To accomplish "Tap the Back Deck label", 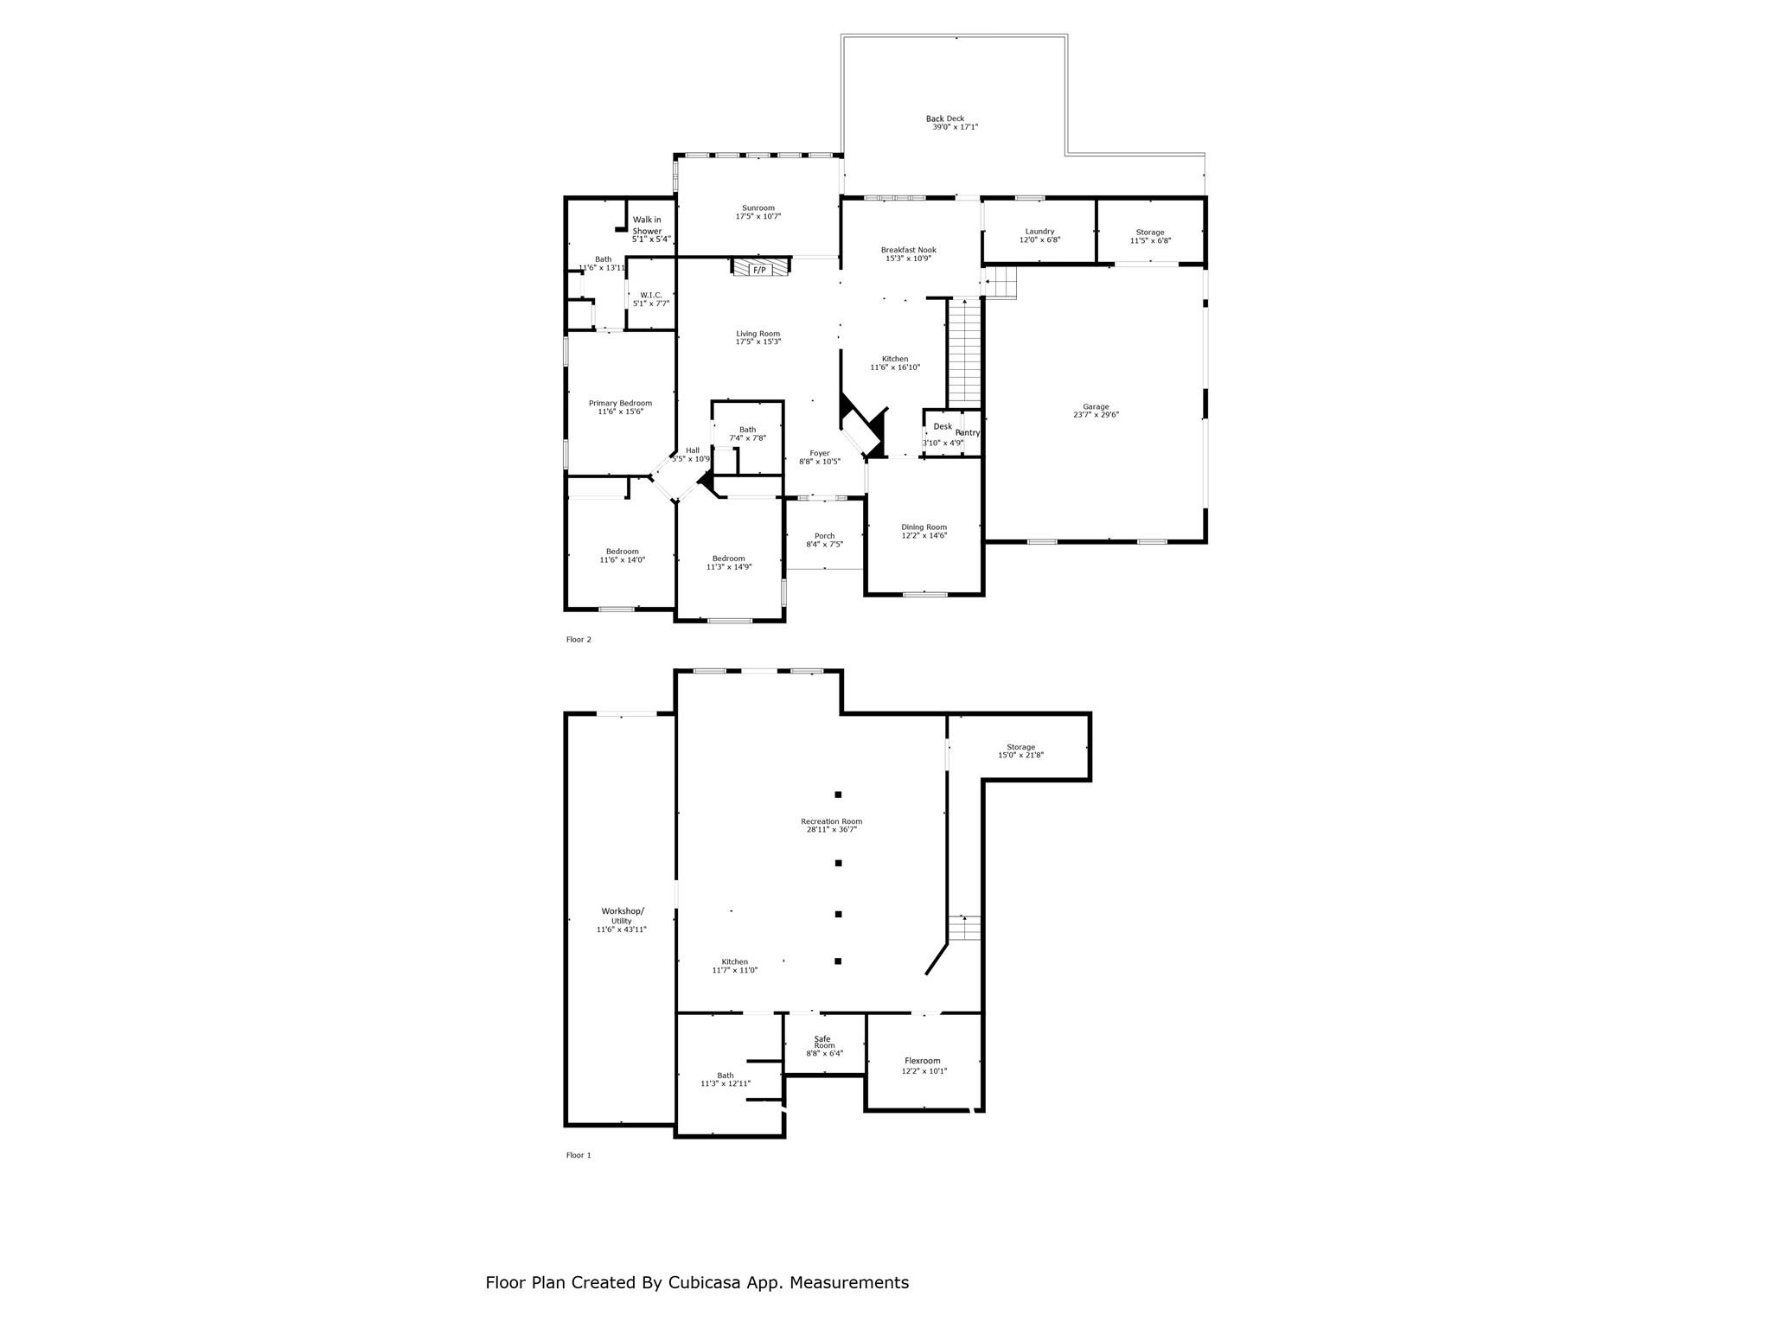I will point(945,118).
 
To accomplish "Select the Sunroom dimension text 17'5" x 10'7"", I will point(758,216).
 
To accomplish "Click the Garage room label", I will point(1096,406).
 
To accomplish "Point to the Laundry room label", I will point(1039,231).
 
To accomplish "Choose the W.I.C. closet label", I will point(651,295).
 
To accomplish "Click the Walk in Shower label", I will point(647,225).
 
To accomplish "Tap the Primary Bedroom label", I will point(620,403).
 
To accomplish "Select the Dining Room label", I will point(924,527).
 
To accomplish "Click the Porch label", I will point(824,535).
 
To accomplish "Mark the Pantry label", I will point(968,432).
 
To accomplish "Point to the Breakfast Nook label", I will point(908,250).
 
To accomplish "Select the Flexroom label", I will point(923,1061).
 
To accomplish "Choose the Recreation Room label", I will point(831,821).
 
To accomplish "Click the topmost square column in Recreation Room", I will point(838,794).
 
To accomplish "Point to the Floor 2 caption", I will point(579,640).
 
